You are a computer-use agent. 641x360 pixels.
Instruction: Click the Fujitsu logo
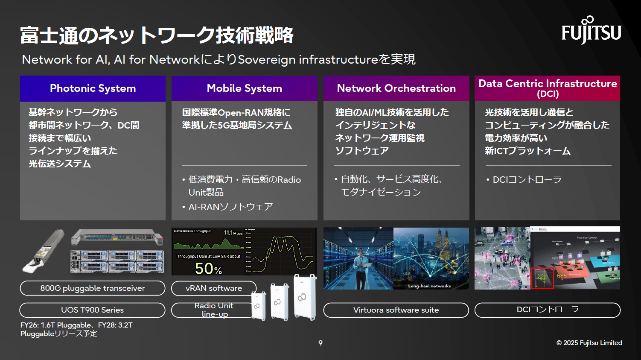tap(591, 31)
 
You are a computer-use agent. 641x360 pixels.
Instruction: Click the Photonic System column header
tap(93, 88)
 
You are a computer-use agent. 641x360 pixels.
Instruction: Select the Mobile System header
tap(244, 88)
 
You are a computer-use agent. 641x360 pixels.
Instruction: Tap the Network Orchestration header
tap(396, 88)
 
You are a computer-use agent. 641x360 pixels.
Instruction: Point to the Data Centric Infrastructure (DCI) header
tap(548, 88)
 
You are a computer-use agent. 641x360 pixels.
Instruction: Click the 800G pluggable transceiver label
tap(93, 288)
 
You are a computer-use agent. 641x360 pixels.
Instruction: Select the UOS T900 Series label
tap(93, 310)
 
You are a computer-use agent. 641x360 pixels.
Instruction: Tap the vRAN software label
tap(213, 288)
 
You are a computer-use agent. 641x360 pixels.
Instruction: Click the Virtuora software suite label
tap(396, 310)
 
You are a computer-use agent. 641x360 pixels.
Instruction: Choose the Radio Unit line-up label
tap(213, 310)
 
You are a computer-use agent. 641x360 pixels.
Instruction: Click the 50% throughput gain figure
tap(208, 269)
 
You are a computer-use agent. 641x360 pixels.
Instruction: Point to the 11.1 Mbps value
tap(233, 233)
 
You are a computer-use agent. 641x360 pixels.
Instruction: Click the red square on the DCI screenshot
tap(542, 278)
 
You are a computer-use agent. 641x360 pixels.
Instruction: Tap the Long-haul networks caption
tap(429, 286)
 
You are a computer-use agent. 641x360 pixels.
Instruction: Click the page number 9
tap(320, 343)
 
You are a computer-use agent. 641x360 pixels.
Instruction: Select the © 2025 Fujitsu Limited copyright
tap(589, 343)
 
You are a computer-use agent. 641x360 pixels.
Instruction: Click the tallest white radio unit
tap(305, 297)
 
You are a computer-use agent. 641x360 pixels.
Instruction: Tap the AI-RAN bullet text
tap(230, 207)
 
